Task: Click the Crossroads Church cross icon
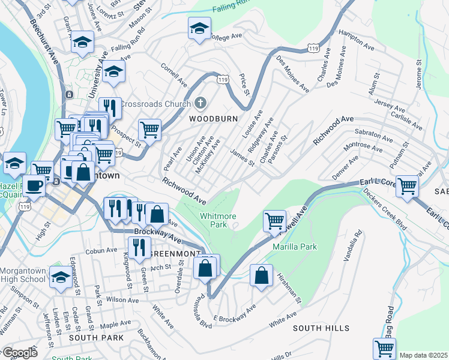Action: coord(200,103)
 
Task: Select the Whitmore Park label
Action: coord(217,220)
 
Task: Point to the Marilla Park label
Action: coord(294,247)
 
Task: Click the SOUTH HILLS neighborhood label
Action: coord(321,328)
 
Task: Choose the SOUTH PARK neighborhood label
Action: coord(96,338)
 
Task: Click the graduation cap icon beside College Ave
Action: coord(200,28)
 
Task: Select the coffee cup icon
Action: coord(34,184)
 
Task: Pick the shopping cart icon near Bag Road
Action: coord(384,347)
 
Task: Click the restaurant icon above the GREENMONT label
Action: coord(139,247)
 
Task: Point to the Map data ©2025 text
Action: coord(423,355)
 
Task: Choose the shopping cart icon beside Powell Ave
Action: coord(274,220)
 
